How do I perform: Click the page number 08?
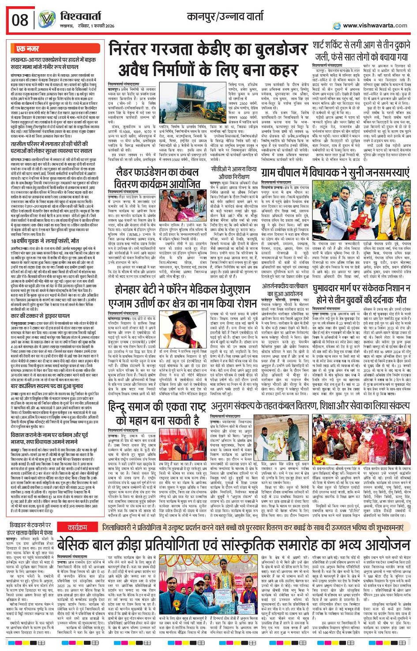click(20, 20)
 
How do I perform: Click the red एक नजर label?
click(28, 49)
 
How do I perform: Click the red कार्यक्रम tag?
click(77, 528)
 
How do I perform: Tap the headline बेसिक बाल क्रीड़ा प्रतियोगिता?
click(234, 544)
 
